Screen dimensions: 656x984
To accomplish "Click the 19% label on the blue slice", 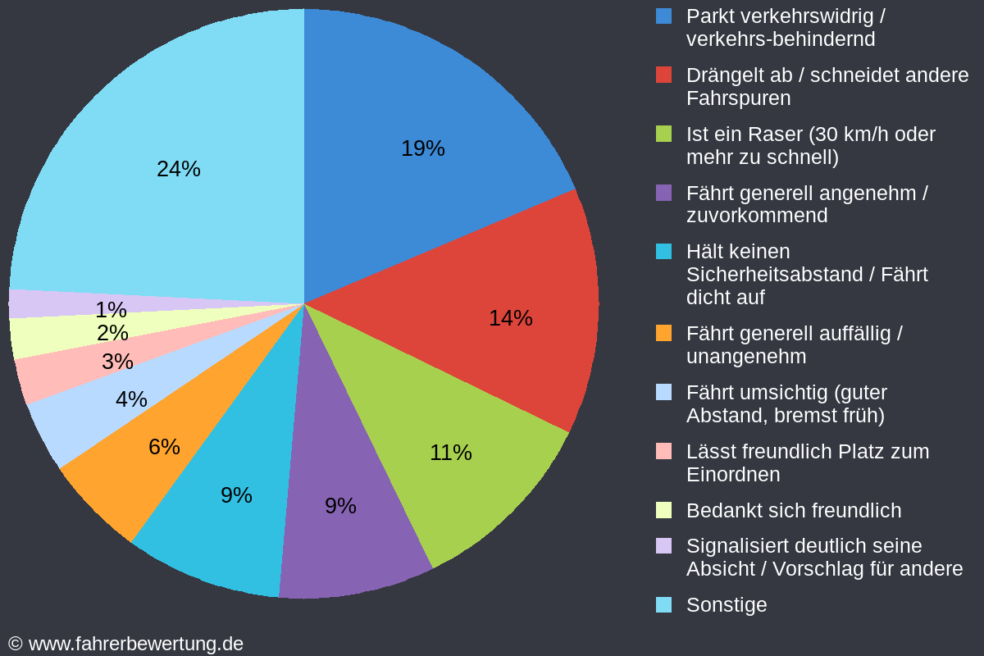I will (x=422, y=148).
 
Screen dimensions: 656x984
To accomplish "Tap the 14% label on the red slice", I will (x=510, y=318).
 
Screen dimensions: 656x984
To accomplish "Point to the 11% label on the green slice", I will (x=450, y=453).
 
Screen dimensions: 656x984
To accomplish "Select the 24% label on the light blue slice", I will (x=178, y=169).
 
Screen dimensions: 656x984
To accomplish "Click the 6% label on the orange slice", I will (x=164, y=447).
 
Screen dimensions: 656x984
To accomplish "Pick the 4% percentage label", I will (x=131, y=399).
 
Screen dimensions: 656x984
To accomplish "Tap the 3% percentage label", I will (x=117, y=362).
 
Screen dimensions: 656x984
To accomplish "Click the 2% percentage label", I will (x=112, y=334).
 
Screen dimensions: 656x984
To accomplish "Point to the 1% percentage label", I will (x=111, y=310).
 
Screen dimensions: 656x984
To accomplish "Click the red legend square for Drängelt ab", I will (x=664, y=75).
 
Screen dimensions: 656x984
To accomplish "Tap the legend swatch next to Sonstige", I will (x=664, y=605).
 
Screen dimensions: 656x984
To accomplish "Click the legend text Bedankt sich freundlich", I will (x=793, y=511).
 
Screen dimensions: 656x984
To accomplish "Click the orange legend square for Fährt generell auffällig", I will (x=664, y=334).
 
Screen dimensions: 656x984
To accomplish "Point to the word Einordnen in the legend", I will (x=732, y=475).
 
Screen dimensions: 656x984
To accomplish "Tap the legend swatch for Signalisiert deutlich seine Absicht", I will (x=664, y=546).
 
